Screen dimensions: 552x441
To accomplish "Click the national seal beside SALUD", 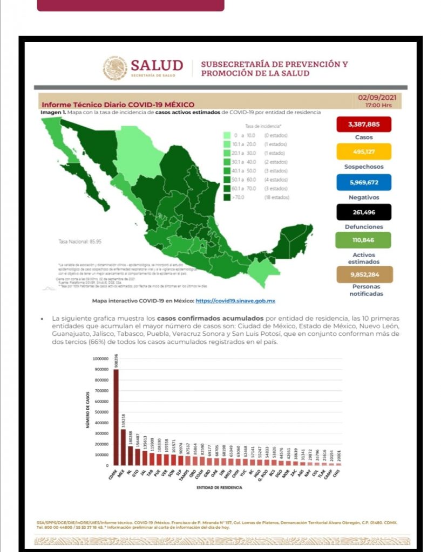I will pyautogui.click(x=115, y=68).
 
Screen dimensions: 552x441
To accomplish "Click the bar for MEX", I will pyautogui.click(x=123, y=447).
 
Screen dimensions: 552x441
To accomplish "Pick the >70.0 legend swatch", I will pyautogui.click(x=227, y=197).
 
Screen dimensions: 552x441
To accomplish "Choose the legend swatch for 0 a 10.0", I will pyautogui.click(x=227, y=135).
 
